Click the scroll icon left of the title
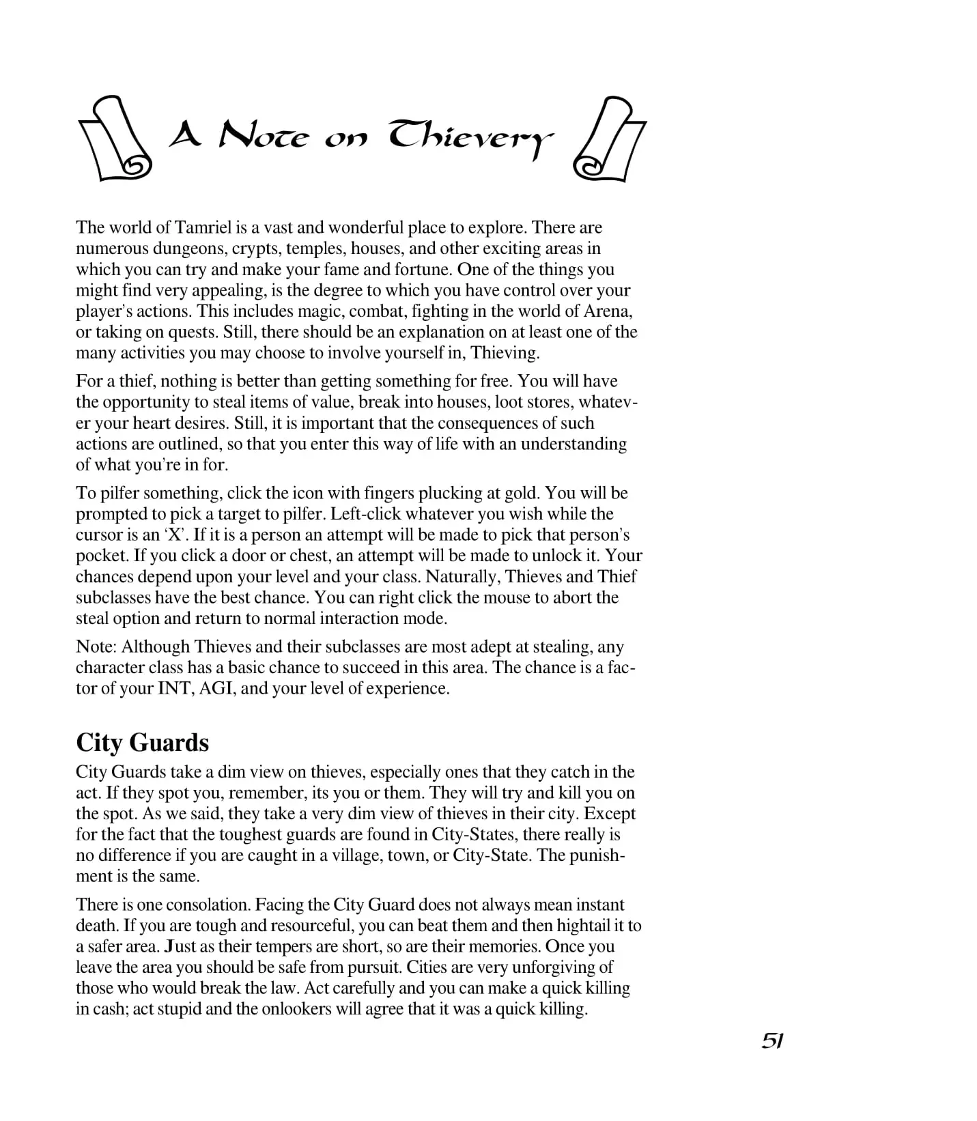[x=114, y=139]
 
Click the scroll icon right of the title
[x=610, y=139]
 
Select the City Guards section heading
[x=142, y=743]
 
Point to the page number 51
[x=771, y=1040]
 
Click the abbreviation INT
[x=175, y=688]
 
